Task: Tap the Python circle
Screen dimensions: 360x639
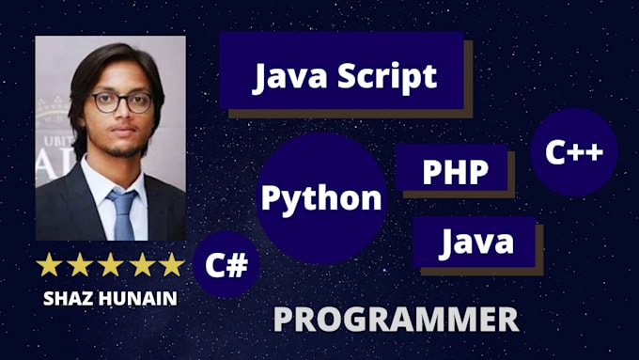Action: click(321, 197)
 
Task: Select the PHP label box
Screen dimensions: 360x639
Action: click(455, 170)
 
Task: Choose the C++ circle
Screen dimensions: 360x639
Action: click(573, 152)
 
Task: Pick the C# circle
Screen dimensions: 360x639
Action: click(226, 265)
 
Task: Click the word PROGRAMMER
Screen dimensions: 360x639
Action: click(396, 320)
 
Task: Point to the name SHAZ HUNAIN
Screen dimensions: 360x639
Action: click(109, 298)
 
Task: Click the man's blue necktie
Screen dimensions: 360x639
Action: click(122, 214)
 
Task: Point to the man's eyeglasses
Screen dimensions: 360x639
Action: click(121, 101)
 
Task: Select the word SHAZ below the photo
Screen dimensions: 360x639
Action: click(70, 298)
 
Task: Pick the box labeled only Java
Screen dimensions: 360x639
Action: click(475, 243)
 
